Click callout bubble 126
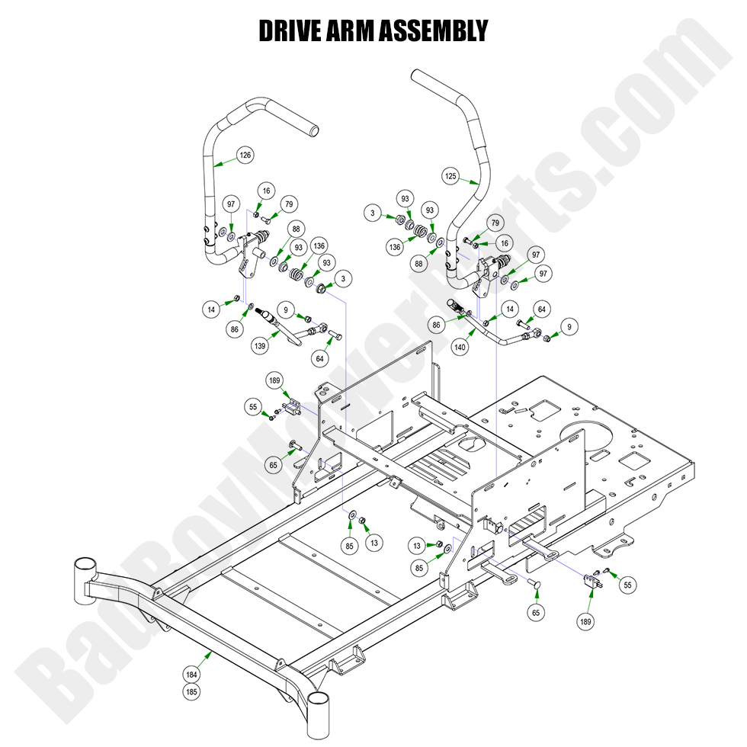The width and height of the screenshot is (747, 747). (x=245, y=155)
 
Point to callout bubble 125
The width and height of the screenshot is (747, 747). (x=451, y=176)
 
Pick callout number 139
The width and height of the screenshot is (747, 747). (x=262, y=345)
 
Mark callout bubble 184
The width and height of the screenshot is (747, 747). (x=192, y=675)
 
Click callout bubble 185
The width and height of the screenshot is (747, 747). (x=192, y=692)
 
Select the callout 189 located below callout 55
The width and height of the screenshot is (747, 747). (x=585, y=621)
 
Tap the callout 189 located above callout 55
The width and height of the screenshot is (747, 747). (x=275, y=380)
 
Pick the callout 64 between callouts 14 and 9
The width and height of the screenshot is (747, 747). (x=542, y=309)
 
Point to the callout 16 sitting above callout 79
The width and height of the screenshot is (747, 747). (x=266, y=191)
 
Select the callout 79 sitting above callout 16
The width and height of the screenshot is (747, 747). (x=495, y=223)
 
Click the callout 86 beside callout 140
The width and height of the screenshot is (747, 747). (x=436, y=325)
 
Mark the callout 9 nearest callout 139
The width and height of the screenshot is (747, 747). (x=285, y=310)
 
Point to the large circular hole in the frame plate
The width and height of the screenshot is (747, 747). (x=589, y=435)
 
